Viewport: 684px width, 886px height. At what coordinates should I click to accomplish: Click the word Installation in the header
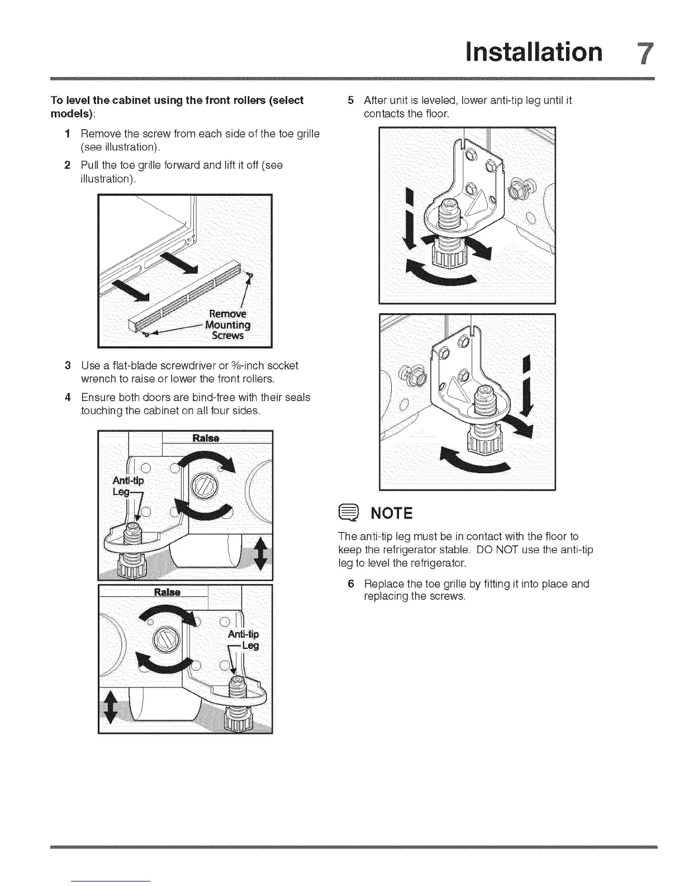point(535,52)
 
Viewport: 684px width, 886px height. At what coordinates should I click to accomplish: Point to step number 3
point(67,366)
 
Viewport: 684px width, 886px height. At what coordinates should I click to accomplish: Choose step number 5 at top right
point(350,101)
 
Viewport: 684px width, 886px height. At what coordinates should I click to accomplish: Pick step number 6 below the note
point(350,584)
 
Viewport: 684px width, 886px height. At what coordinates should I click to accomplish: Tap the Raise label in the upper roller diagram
point(206,437)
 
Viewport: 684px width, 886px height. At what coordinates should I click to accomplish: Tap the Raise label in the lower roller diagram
point(167,592)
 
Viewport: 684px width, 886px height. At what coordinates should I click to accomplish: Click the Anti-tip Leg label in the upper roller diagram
point(128,486)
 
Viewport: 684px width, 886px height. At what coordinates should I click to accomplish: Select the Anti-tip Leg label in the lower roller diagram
point(244,640)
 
